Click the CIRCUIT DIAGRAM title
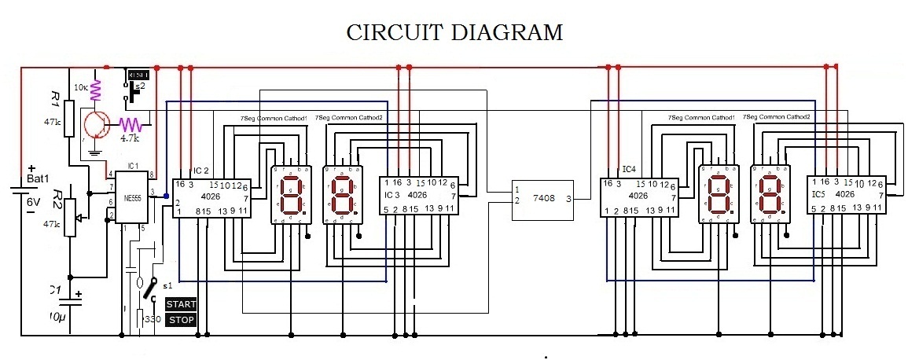point(455,32)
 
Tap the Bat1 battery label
point(41,180)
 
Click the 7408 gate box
point(542,200)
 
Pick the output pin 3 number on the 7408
point(568,200)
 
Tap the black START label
point(181,304)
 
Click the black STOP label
point(181,320)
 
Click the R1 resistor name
point(55,99)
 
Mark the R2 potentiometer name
point(57,197)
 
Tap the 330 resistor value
point(153,320)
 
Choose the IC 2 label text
point(200,171)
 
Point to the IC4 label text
point(628,169)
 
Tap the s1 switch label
point(167,286)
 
